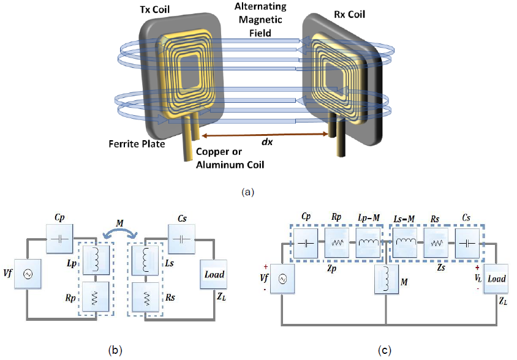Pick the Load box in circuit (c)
(497, 279)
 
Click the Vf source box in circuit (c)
(283, 279)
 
